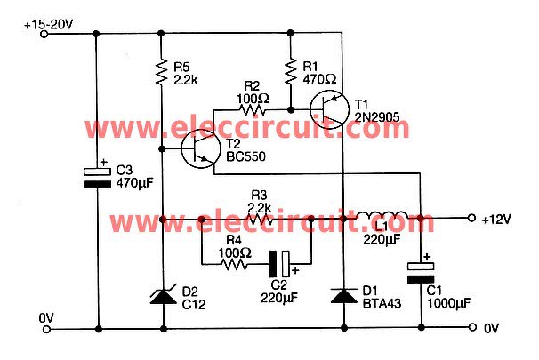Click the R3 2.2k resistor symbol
(258, 218)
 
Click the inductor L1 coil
(382, 217)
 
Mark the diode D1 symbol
(343, 295)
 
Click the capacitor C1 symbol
(418, 270)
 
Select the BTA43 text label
(381, 303)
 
